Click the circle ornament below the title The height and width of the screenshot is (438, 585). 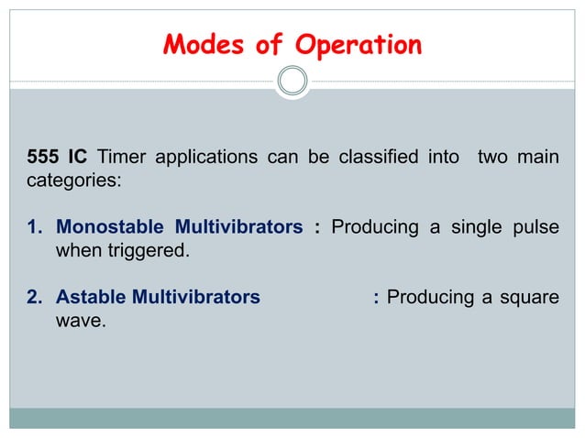292,81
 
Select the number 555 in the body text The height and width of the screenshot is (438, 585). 42,158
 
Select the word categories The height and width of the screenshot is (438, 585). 72,181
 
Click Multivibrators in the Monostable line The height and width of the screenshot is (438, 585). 240,226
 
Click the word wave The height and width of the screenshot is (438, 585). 78,321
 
